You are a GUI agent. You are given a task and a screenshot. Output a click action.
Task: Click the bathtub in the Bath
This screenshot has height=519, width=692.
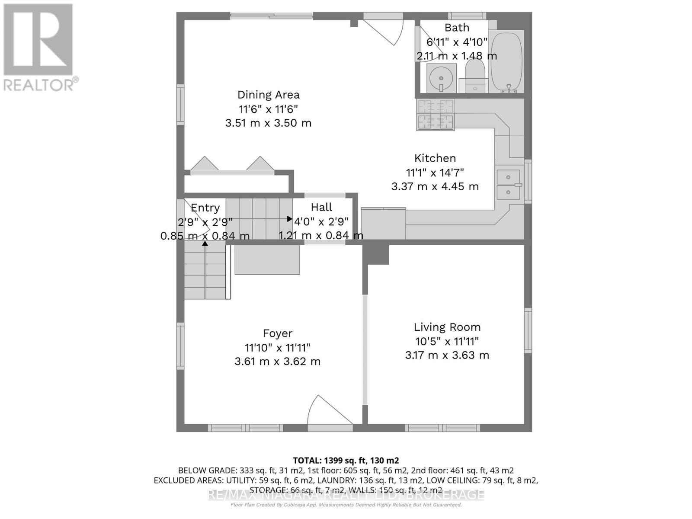506,61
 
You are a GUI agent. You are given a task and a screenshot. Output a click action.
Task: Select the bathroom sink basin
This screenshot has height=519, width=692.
442,78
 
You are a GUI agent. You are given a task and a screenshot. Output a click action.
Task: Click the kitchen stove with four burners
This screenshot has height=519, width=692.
435,115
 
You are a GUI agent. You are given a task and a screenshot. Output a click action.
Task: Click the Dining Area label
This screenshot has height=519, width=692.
268,95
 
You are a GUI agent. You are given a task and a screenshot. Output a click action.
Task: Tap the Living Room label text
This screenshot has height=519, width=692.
447,327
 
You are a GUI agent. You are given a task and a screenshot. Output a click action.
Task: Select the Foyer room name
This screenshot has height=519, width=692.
278,333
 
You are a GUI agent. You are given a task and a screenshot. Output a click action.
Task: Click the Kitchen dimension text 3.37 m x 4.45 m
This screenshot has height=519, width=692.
435,187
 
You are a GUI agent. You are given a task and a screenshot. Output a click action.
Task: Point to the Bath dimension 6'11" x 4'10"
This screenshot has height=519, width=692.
457,42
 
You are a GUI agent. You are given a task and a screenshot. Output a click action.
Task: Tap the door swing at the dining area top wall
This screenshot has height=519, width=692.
383,30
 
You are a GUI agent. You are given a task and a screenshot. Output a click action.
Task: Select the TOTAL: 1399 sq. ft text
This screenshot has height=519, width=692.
346,460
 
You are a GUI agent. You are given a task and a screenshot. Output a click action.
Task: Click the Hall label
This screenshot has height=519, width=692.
321,207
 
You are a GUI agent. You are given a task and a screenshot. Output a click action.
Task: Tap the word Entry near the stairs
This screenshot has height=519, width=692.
205,208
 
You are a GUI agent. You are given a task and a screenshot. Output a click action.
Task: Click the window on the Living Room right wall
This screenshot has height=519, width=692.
528,330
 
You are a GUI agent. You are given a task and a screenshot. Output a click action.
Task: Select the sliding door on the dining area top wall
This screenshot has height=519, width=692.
271,16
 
